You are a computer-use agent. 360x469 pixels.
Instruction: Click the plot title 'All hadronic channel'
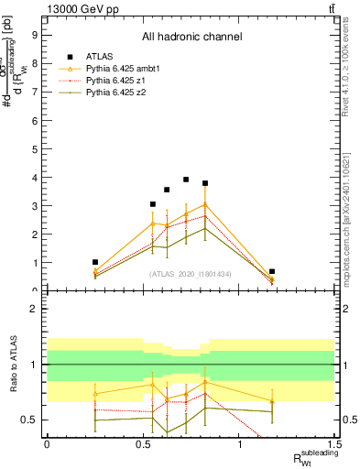tap(191, 38)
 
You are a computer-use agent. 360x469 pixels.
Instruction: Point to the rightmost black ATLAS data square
tap(272, 271)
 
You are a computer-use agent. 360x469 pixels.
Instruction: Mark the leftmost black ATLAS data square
tap(95, 262)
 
